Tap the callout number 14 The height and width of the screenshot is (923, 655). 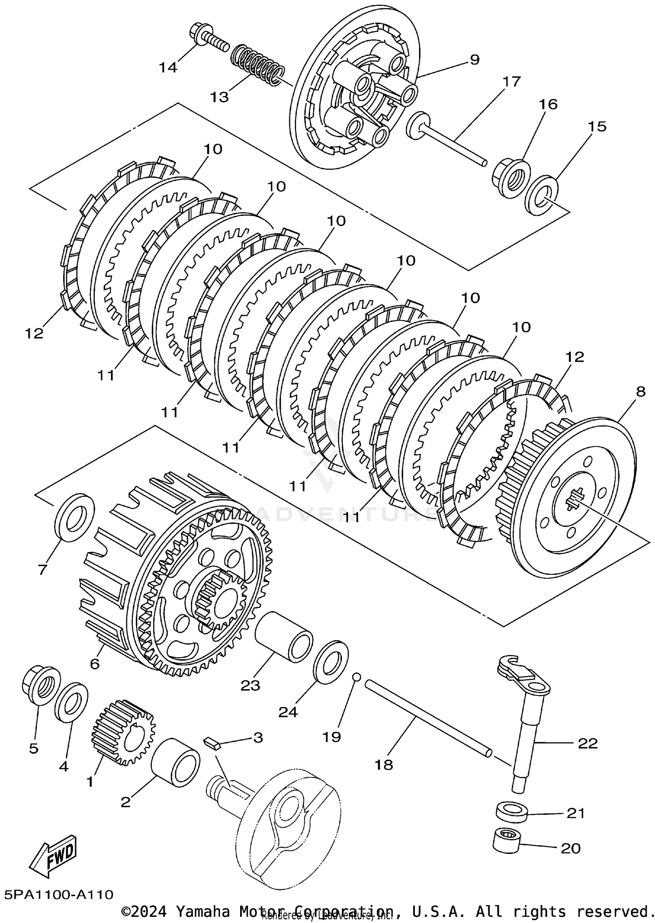[168, 67]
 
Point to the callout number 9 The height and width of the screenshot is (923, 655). [474, 59]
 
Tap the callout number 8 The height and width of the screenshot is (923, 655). [640, 391]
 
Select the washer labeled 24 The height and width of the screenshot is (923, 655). [331, 661]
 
